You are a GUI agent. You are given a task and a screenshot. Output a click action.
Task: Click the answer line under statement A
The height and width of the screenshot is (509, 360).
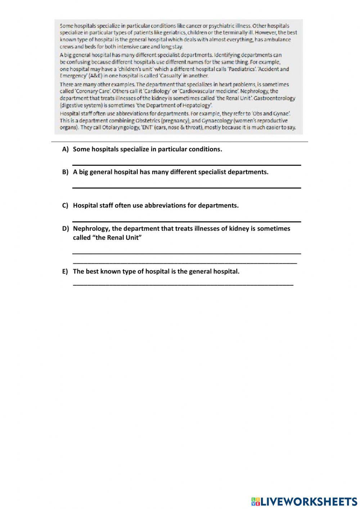point(186,165)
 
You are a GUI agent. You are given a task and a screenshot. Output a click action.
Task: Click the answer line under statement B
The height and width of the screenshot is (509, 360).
point(186,187)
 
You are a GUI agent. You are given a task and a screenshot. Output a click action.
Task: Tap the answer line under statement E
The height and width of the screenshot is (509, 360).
point(183,285)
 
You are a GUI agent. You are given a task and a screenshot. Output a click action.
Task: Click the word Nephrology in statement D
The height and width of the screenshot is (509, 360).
point(91,229)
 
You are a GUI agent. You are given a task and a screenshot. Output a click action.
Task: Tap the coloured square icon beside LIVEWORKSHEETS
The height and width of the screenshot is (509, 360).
point(256,501)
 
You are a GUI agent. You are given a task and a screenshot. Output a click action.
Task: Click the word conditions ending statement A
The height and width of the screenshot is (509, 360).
point(205,149)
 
